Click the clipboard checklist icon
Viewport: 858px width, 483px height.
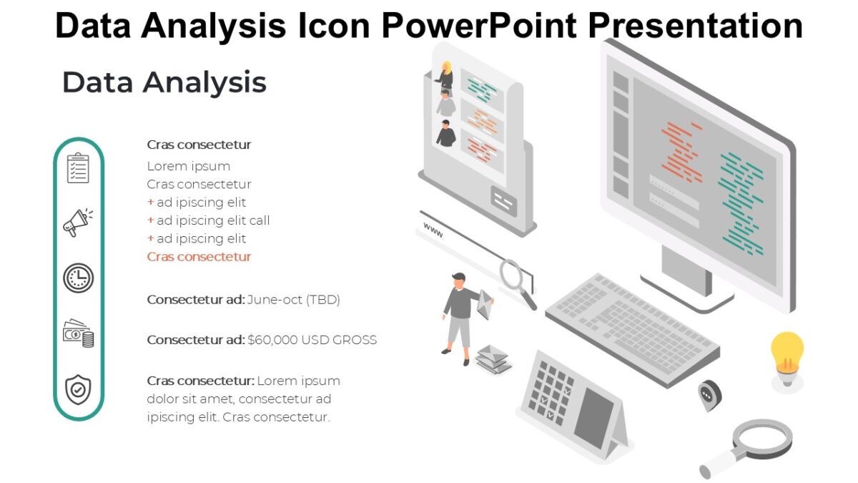[78, 167]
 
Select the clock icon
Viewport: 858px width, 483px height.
[78, 278]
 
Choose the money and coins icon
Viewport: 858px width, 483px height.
[78, 333]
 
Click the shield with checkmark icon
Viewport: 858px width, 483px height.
[78, 390]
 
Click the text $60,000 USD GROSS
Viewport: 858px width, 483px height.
[312, 340]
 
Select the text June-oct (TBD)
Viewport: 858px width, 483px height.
[293, 300]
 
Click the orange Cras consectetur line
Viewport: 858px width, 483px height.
[199, 257]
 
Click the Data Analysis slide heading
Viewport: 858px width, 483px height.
[164, 82]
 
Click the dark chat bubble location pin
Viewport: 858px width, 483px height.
[709, 394]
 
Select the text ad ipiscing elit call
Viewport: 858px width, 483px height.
[213, 220]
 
